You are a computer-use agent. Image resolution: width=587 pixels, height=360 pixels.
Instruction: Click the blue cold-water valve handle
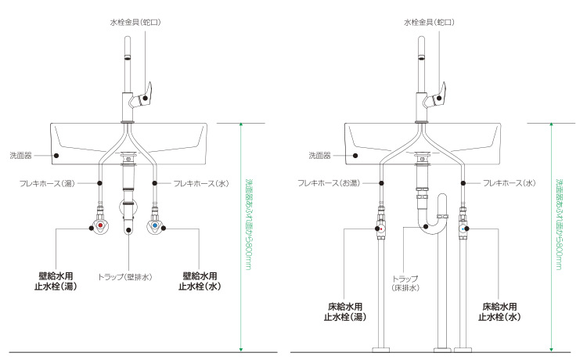click(156, 227)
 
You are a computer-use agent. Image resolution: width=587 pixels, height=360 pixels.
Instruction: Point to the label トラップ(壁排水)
click(125, 276)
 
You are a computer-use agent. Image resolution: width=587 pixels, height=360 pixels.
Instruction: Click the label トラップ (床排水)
click(405, 283)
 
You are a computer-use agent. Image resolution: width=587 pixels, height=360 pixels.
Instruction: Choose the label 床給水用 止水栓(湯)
click(344, 311)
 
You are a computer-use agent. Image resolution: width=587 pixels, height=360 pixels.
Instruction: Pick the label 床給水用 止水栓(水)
click(502, 311)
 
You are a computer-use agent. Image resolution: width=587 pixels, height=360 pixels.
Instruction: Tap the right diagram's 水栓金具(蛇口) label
click(428, 23)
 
